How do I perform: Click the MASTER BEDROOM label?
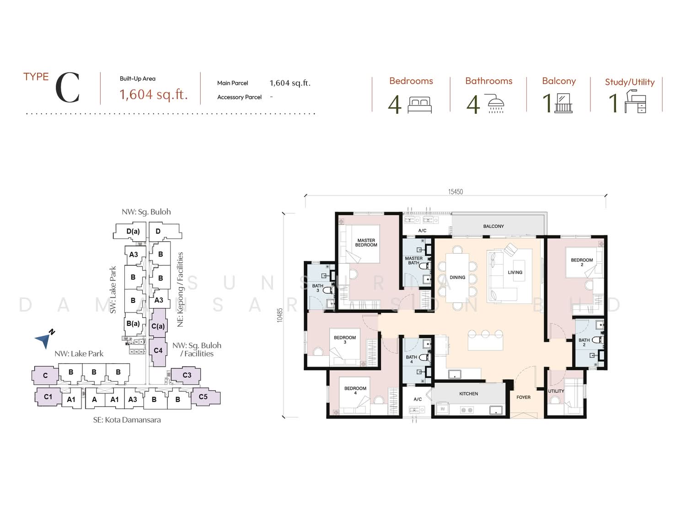tap(366, 243)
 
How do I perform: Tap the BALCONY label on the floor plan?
tap(493, 226)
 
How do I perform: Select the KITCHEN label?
tap(468, 394)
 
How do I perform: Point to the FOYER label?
tap(523, 397)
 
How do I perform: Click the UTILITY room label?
tap(556, 391)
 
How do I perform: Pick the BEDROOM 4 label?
tap(355, 391)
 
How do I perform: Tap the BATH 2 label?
tap(584, 342)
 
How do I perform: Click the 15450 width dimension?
tap(456, 191)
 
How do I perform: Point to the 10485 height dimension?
tap(280, 315)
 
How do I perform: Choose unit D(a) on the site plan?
tap(130, 231)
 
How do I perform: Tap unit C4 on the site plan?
tap(158, 351)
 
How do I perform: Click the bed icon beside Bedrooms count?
tap(420, 105)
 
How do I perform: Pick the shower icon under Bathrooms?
tap(496, 103)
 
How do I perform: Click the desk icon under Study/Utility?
tap(635, 101)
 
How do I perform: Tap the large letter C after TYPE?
tap(68, 88)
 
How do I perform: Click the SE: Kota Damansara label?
tap(127, 420)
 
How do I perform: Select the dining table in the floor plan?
tap(457, 278)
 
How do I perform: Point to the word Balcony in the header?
tap(559, 81)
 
